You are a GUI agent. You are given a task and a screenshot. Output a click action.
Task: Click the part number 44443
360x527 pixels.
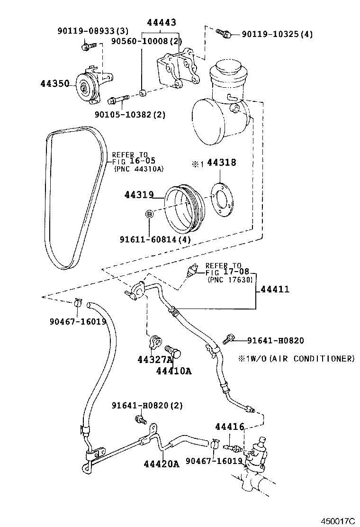tap(162, 22)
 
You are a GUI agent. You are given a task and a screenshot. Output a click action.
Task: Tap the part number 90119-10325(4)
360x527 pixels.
tap(277, 34)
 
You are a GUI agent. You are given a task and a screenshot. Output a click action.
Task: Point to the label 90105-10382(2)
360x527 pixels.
tap(123, 114)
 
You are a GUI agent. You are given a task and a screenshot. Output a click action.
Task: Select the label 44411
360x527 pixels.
tap(274, 289)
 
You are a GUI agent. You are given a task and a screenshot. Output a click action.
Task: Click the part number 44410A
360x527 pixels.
tap(174, 371)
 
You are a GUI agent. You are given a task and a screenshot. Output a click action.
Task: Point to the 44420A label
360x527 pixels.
tap(162, 464)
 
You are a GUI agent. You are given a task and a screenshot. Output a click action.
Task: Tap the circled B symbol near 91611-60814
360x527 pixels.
tap(149, 214)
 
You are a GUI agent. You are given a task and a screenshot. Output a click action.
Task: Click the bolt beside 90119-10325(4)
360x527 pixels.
tap(223, 33)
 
